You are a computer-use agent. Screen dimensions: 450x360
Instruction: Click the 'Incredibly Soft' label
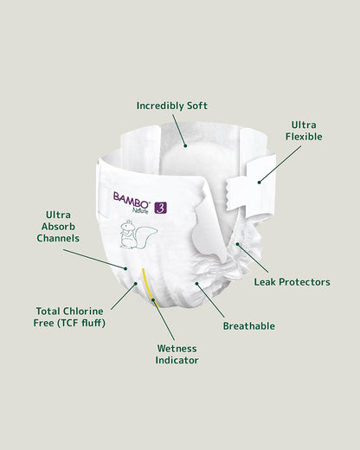(172, 106)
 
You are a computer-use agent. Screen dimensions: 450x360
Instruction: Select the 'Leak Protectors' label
(292, 282)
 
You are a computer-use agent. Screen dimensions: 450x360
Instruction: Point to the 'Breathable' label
(249, 326)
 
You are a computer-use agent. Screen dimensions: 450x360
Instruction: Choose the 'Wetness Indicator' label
(177, 353)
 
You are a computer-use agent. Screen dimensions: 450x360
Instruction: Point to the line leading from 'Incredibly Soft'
(179, 132)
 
